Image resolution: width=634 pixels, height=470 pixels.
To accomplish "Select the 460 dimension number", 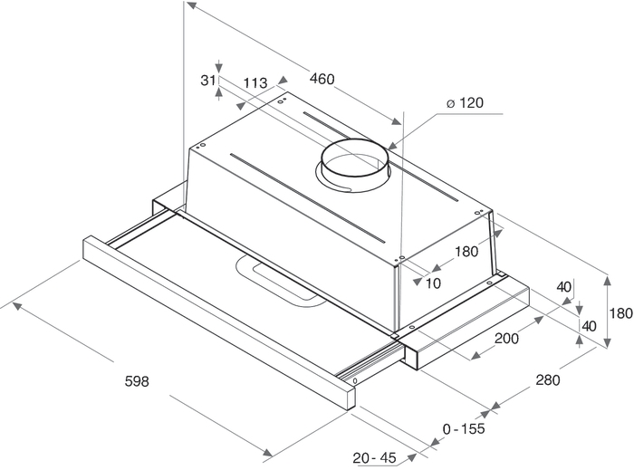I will pyautogui.click(x=322, y=79).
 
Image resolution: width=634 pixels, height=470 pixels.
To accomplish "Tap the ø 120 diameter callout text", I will pyautogui.click(x=465, y=103).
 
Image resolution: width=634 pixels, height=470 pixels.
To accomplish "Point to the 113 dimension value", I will pyautogui.click(x=255, y=83).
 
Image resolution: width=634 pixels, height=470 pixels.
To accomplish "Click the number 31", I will pyautogui.click(x=207, y=81).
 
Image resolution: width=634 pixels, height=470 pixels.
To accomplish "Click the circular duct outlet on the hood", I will pyautogui.click(x=354, y=164).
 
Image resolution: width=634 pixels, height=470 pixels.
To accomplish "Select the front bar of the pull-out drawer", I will pyautogui.click(x=217, y=318).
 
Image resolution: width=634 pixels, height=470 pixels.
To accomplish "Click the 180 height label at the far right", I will pyautogui.click(x=620, y=313).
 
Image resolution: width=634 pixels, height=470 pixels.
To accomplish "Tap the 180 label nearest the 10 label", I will pyautogui.click(x=465, y=252).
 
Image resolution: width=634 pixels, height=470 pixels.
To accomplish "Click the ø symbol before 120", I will pyautogui.click(x=450, y=103).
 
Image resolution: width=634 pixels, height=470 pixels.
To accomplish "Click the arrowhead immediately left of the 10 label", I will pyautogui.click(x=418, y=282).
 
